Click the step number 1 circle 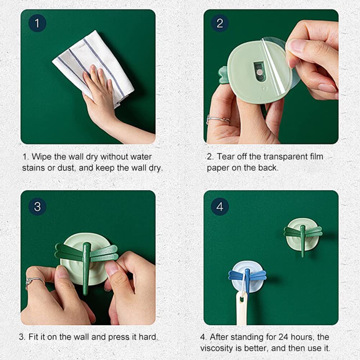(37, 24)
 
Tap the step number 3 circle (37, 207)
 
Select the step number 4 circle (220, 207)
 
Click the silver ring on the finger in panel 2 (218, 120)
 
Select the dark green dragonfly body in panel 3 (86, 266)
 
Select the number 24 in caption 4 (283, 337)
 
